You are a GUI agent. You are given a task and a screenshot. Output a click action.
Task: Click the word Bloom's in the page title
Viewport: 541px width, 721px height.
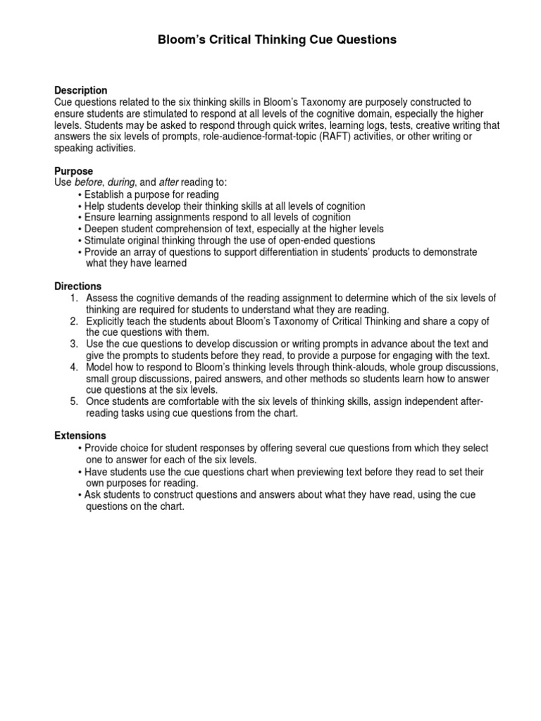point(178,40)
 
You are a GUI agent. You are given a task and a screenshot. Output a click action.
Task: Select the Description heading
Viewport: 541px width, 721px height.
point(81,91)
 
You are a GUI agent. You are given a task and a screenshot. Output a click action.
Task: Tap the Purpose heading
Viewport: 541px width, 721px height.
point(74,171)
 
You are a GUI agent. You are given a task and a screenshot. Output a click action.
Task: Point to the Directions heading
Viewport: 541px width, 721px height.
point(78,287)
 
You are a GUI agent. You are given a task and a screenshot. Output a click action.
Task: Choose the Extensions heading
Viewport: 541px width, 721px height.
point(80,436)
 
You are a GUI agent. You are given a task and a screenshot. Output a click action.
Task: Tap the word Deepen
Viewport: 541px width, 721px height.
point(101,229)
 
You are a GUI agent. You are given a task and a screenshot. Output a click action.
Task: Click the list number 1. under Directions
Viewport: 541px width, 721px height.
point(73,298)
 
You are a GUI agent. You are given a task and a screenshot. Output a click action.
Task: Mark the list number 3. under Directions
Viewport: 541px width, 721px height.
point(73,344)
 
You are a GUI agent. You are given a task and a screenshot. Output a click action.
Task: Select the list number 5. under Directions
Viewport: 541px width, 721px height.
point(73,401)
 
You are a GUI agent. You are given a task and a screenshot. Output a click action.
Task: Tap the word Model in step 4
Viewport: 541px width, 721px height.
point(99,368)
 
